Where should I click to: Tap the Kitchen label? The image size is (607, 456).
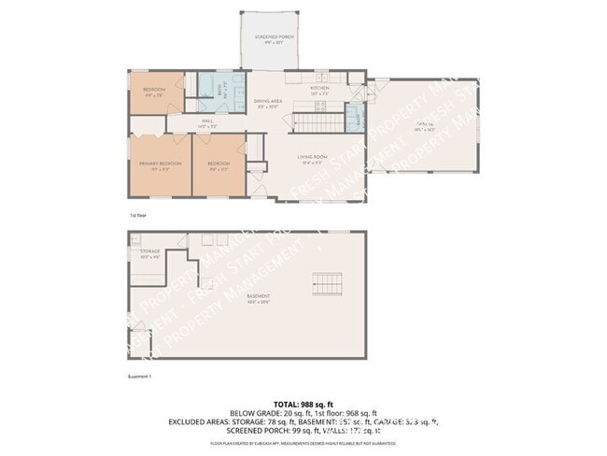319,90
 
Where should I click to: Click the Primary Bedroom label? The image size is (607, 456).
160,165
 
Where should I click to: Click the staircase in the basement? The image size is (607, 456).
326,284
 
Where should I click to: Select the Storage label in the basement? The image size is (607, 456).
150,253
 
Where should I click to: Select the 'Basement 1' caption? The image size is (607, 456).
138,377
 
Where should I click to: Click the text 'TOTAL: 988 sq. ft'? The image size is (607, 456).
303,403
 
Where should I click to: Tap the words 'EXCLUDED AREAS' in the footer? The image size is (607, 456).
197,422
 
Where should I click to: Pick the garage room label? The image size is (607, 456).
427,125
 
